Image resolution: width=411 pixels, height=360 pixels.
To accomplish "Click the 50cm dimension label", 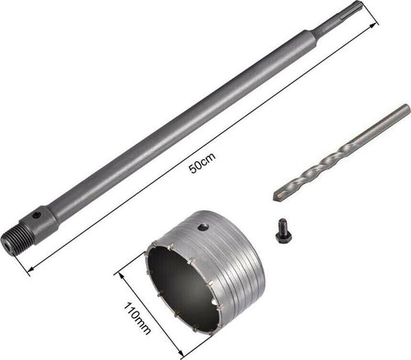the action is [202, 164].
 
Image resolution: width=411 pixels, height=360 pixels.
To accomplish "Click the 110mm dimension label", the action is [137, 318].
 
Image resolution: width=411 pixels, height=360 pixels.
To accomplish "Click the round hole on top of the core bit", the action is [204, 227].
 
